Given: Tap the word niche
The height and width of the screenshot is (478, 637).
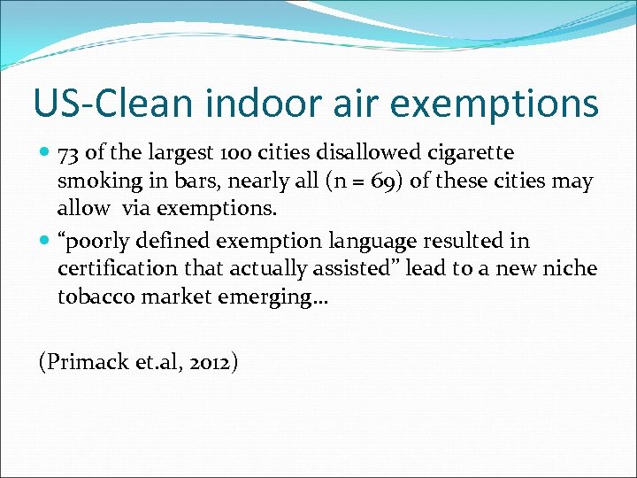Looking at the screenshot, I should point(571,267).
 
